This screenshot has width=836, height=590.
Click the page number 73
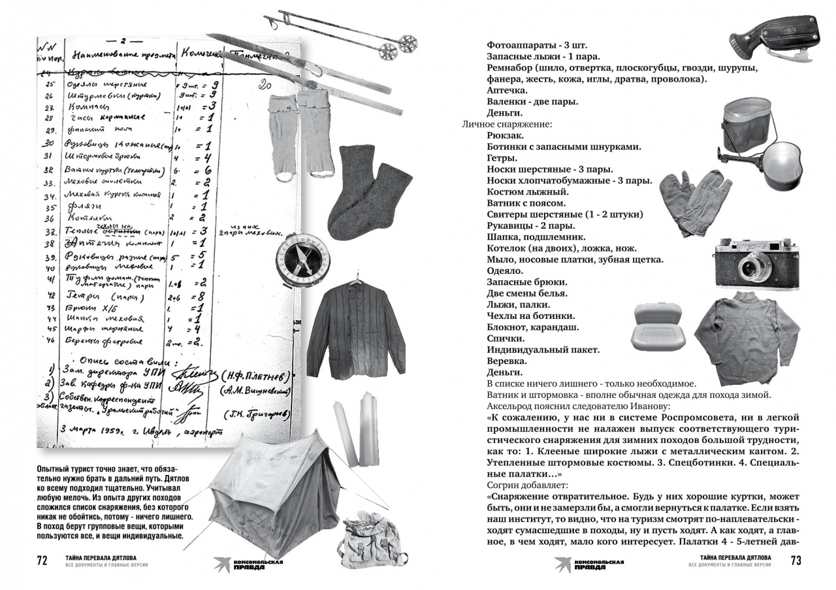796,561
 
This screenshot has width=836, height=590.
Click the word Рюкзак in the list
504,135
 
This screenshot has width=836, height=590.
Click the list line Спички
506,338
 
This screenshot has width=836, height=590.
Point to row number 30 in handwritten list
48,144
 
